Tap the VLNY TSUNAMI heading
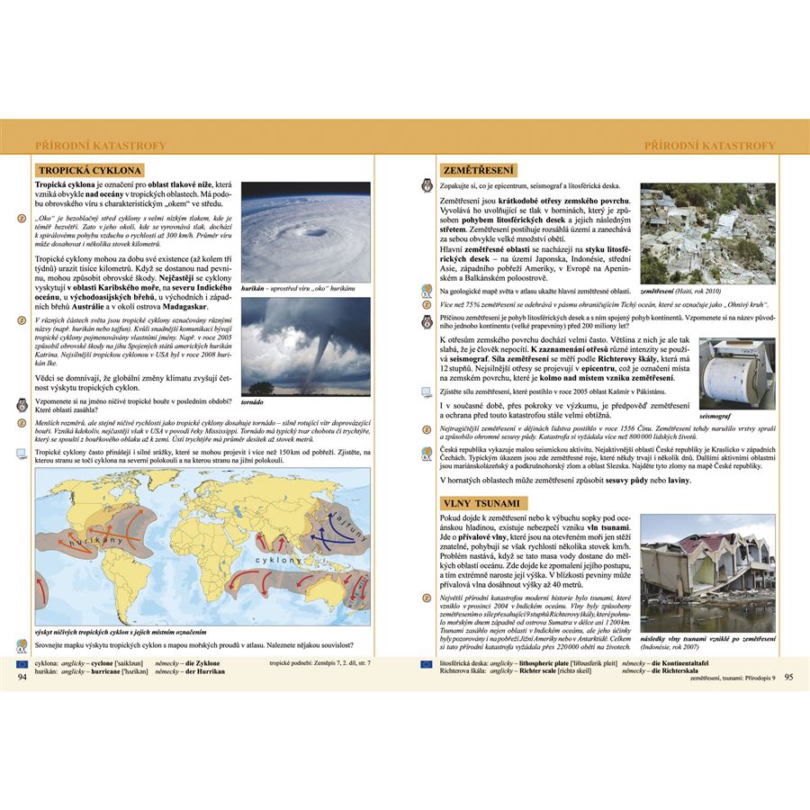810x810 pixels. [481, 503]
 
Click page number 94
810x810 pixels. [22, 677]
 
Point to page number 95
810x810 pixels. [788, 677]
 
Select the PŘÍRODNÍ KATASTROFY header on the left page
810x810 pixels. [100, 146]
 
